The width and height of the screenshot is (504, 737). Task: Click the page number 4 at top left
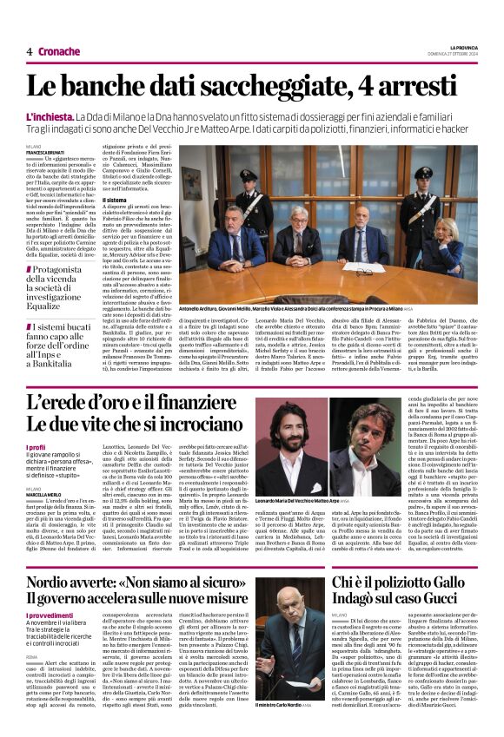point(30,51)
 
